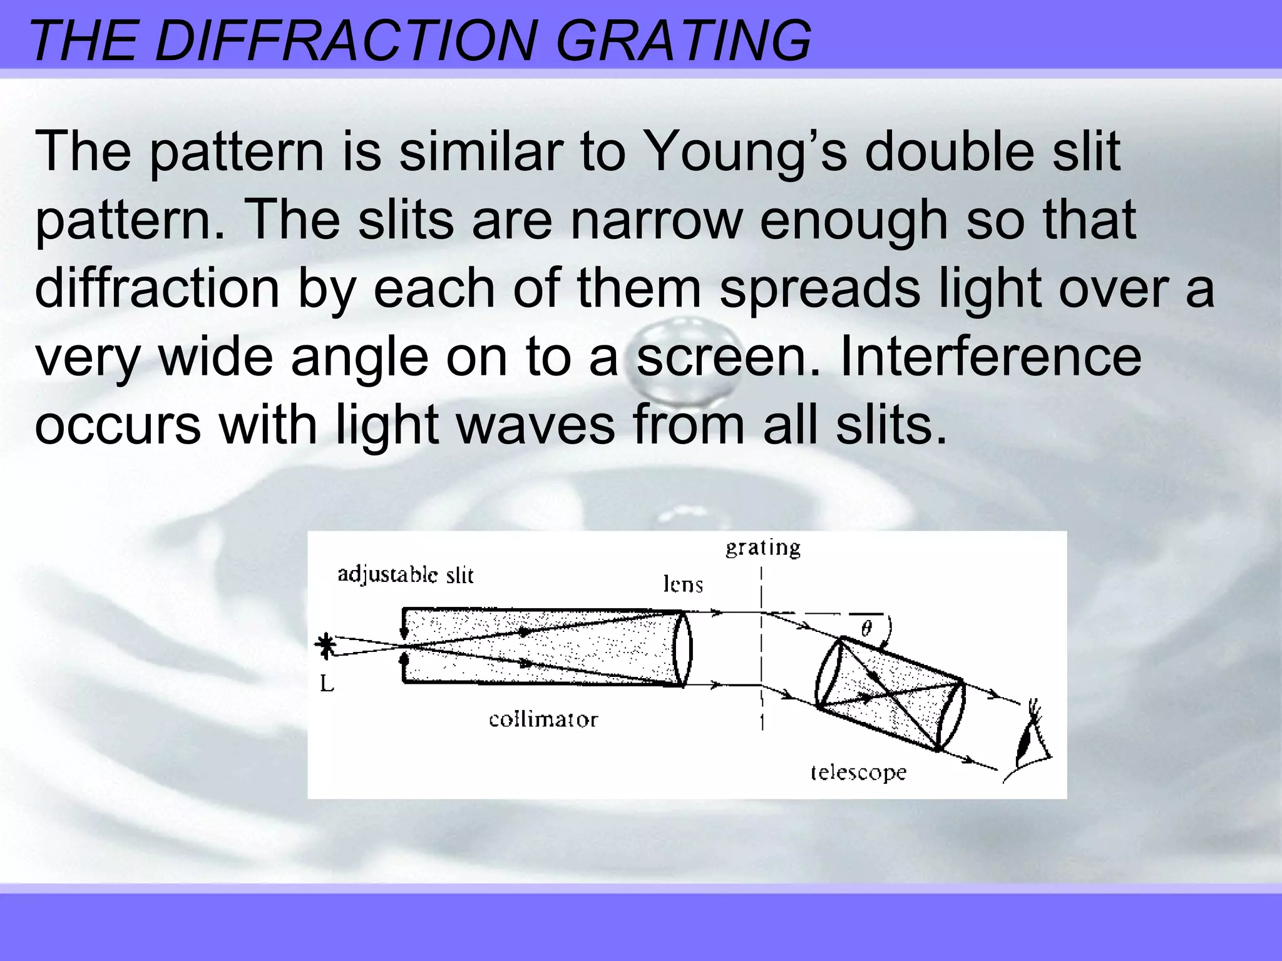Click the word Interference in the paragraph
[x=990, y=357]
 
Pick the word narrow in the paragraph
[x=656, y=220]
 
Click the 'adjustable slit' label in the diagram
[x=406, y=575]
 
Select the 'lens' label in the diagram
[x=683, y=584]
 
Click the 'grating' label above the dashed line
[x=763, y=548]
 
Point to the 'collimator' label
[x=543, y=719]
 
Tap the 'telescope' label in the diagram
[x=858, y=773]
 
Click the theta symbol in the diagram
[x=866, y=628]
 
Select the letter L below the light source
[x=327, y=684]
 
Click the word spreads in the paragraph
[x=819, y=288]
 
